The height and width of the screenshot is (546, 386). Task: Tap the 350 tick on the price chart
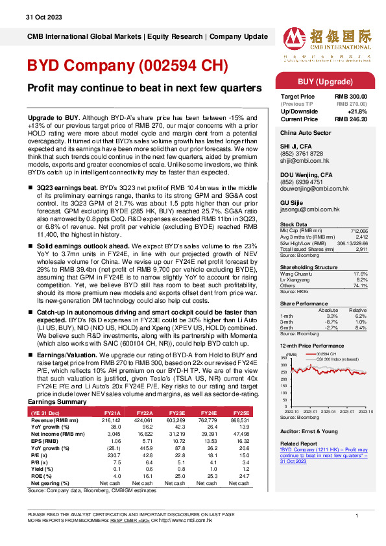(283, 358)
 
